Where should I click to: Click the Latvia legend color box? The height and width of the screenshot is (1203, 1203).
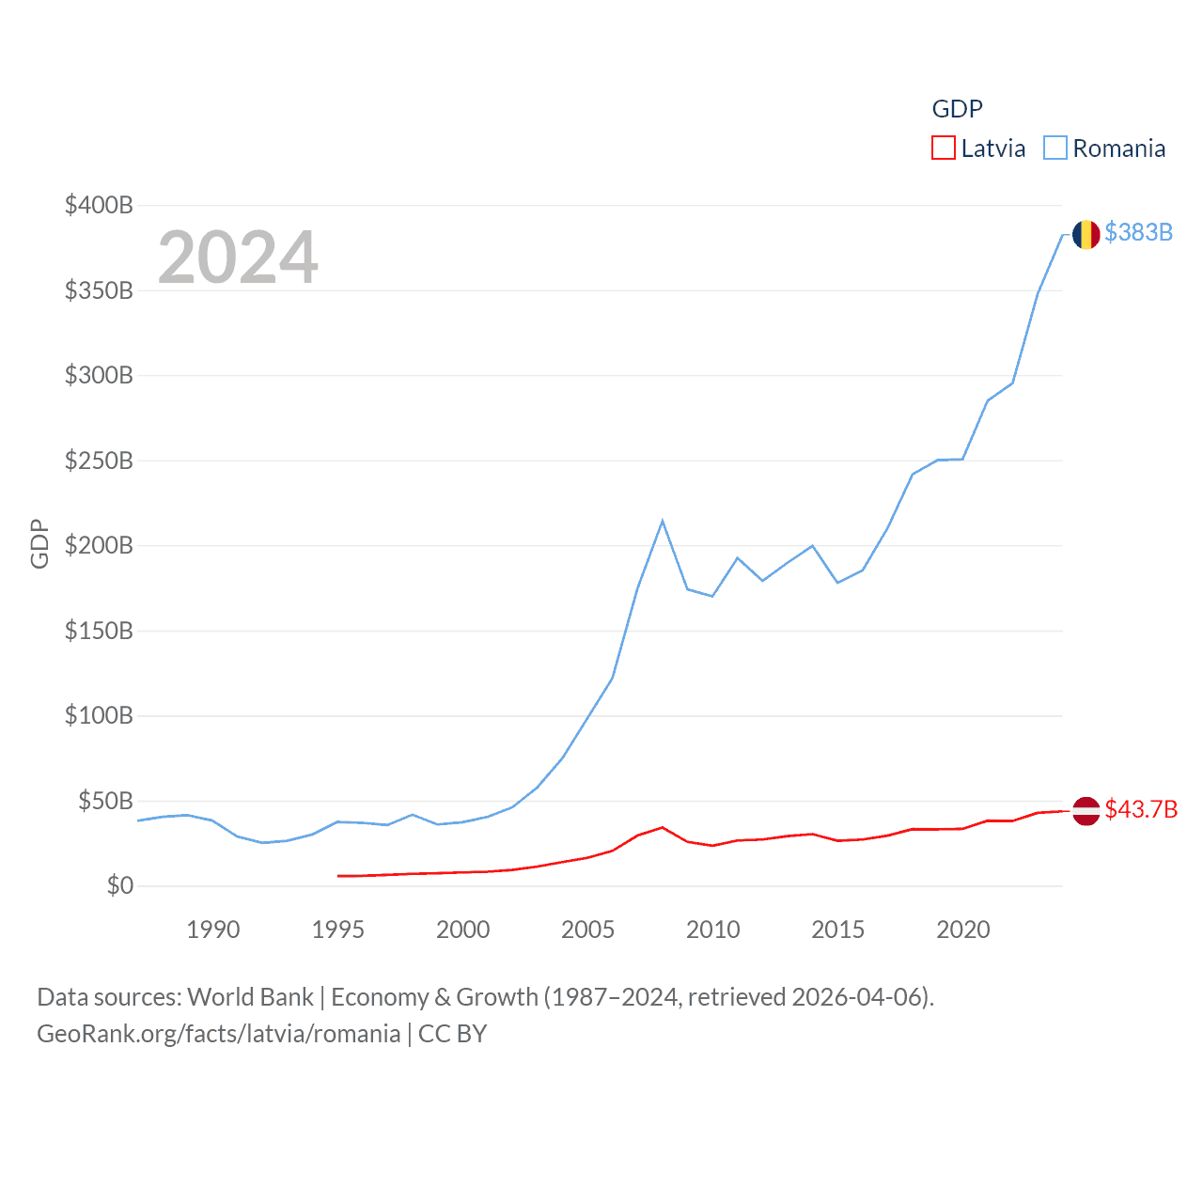[943, 148]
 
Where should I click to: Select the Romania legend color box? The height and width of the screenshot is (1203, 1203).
[1055, 148]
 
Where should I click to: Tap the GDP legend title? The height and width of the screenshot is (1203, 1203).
[957, 109]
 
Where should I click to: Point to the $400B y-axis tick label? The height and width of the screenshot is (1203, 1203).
[99, 205]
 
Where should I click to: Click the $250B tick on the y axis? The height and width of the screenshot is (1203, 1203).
[99, 461]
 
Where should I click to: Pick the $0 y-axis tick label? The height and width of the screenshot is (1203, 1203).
[119, 885]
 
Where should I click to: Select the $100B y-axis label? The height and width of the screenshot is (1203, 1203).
[99, 715]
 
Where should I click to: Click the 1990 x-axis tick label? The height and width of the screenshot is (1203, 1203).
[213, 930]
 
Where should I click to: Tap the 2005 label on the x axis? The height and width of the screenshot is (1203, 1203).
[587, 930]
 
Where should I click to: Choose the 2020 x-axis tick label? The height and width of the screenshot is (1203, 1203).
[962, 930]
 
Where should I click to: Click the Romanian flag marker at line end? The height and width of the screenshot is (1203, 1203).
[1086, 234]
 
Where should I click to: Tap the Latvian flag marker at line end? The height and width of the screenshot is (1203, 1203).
[1086, 810]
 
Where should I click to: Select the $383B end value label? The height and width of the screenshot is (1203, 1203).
[1138, 232]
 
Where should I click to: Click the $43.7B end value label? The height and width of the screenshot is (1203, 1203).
[1141, 809]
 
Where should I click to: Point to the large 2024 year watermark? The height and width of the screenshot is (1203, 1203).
[238, 258]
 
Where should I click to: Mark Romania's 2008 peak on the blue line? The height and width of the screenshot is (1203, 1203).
[663, 521]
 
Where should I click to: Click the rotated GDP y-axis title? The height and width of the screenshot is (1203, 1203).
[39, 543]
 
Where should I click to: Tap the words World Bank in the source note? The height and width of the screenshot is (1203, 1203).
[251, 996]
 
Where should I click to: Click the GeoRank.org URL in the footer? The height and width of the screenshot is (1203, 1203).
[218, 1034]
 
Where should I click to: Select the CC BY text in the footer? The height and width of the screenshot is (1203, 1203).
[452, 1034]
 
